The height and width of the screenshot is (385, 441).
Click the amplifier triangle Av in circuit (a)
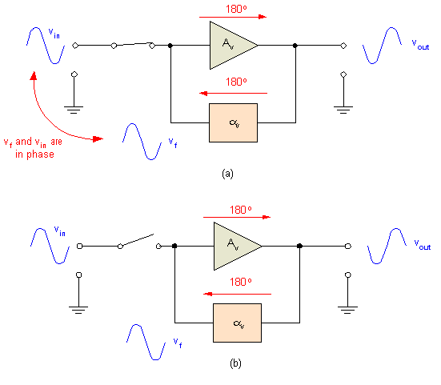229,45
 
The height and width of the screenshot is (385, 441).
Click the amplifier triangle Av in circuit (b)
231,247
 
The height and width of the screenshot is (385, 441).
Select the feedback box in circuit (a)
232,123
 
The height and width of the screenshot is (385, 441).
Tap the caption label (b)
235,363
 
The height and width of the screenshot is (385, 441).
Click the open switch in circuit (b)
138,242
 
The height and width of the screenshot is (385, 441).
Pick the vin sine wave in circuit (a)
45,45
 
